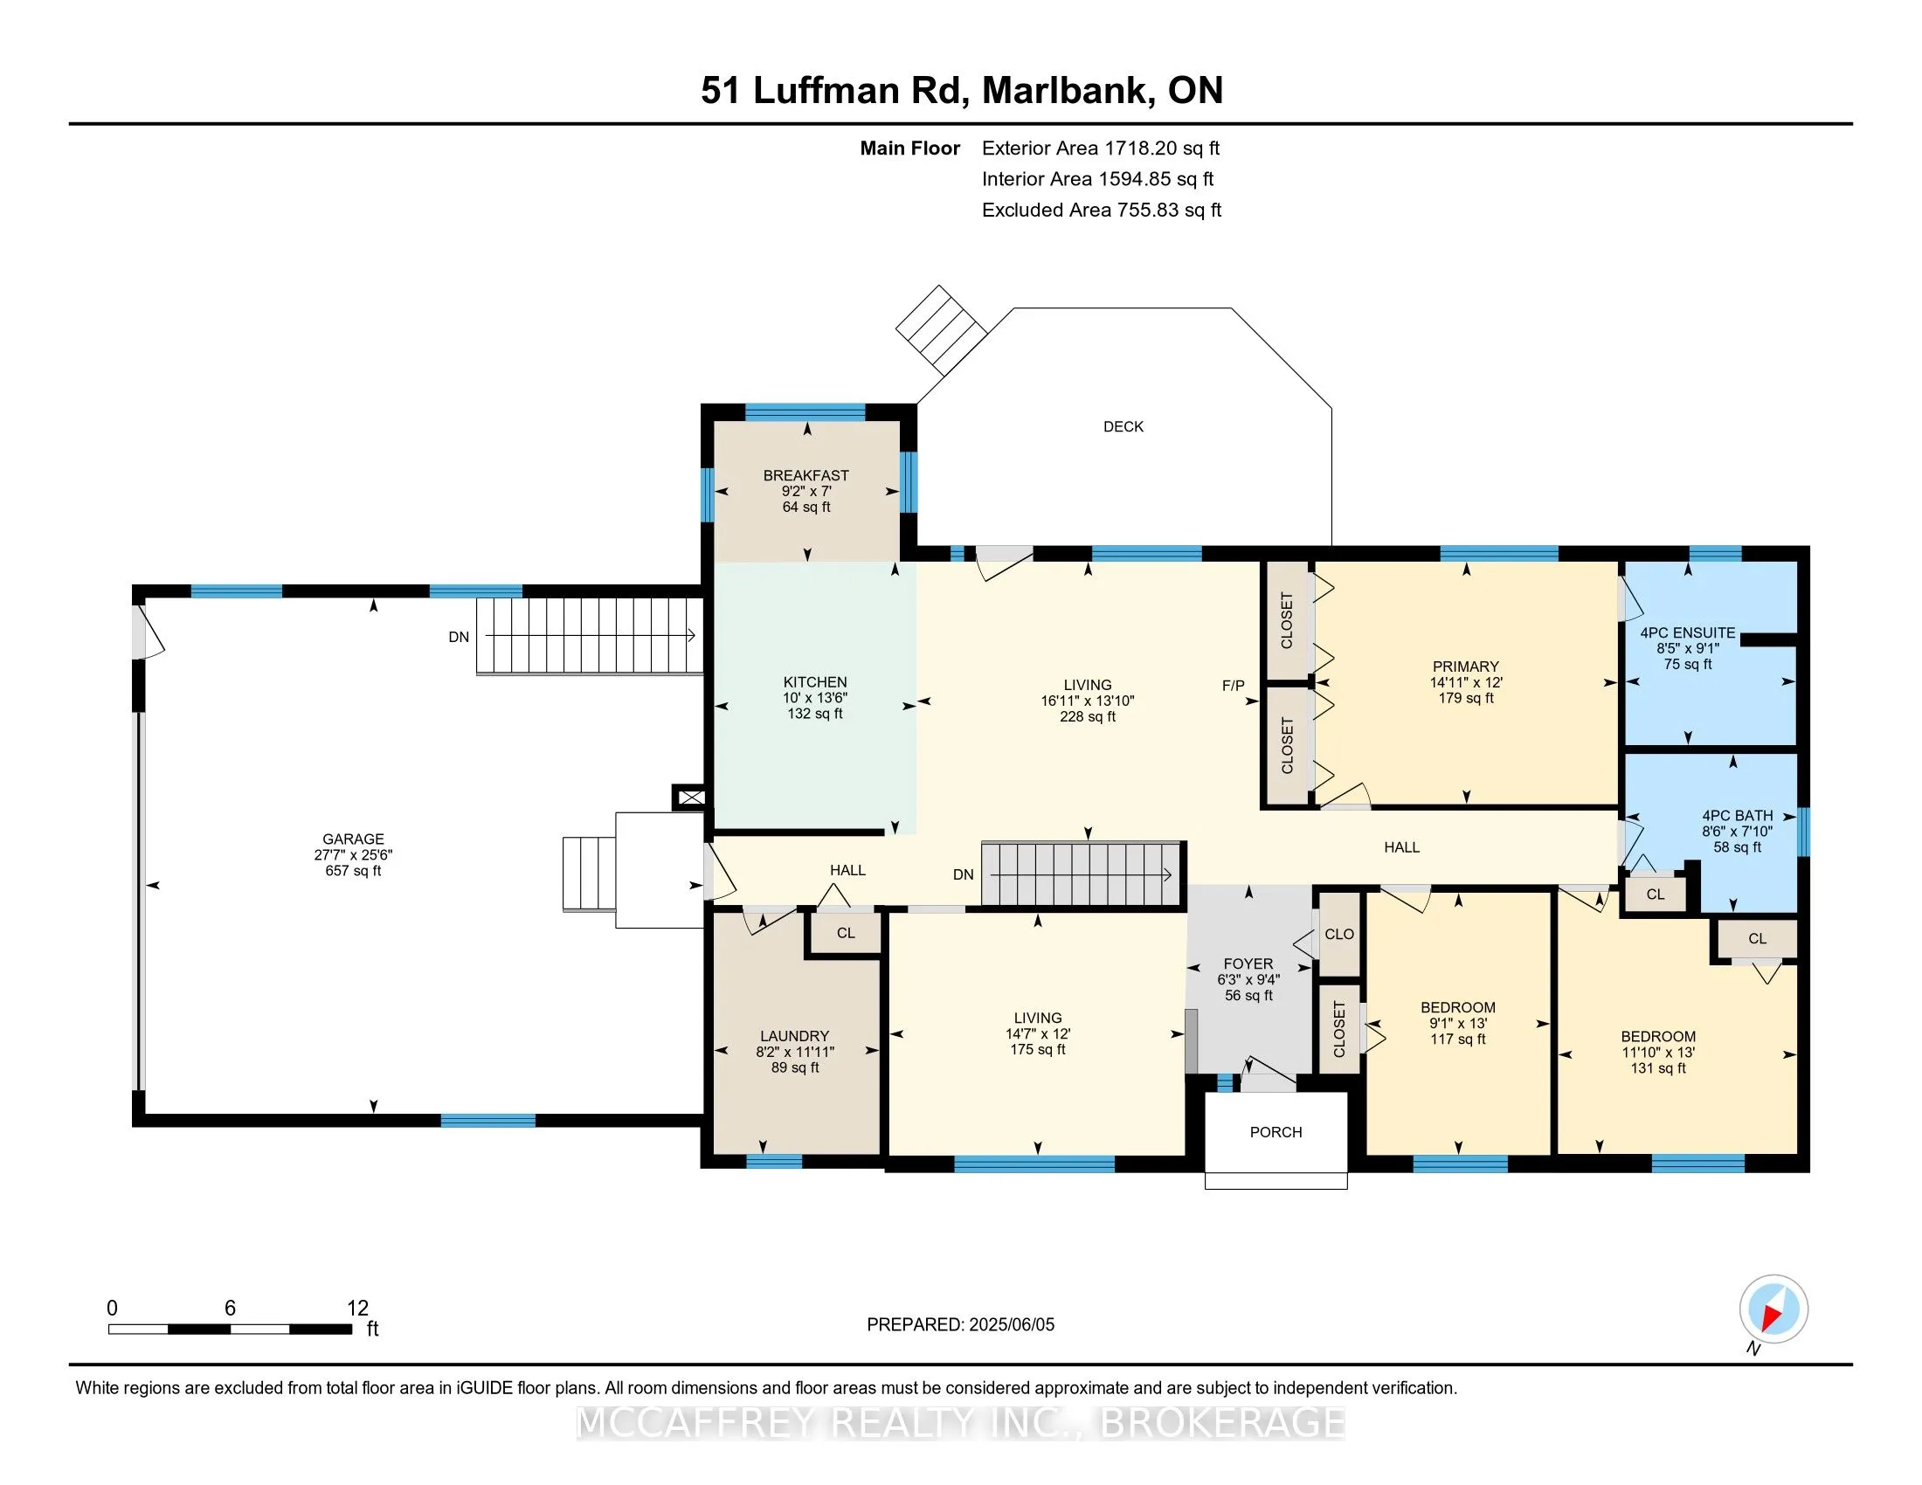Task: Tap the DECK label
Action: pos(1123,426)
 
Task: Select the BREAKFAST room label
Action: pos(805,475)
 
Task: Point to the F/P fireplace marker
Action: pos(1233,686)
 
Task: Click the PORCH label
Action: pos(1276,1132)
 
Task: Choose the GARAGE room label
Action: pos(353,839)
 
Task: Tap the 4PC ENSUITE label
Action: pos(1687,632)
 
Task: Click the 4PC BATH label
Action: pos(1736,816)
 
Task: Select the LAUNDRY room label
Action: pos(795,1036)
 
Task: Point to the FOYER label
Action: pos(1248,964)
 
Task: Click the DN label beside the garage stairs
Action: pos(459,637)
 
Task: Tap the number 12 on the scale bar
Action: pos(357,1309)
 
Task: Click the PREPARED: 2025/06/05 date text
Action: pos(960,1325)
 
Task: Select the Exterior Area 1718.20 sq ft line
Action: pos(1101,148)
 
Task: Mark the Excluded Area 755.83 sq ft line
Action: pos(1102,211)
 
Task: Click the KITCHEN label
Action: pos(815,682)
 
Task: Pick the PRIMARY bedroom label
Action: pos(1465,667)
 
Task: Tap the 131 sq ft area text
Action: pos(1658,1069)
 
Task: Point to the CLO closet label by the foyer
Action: pos(1339,935)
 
